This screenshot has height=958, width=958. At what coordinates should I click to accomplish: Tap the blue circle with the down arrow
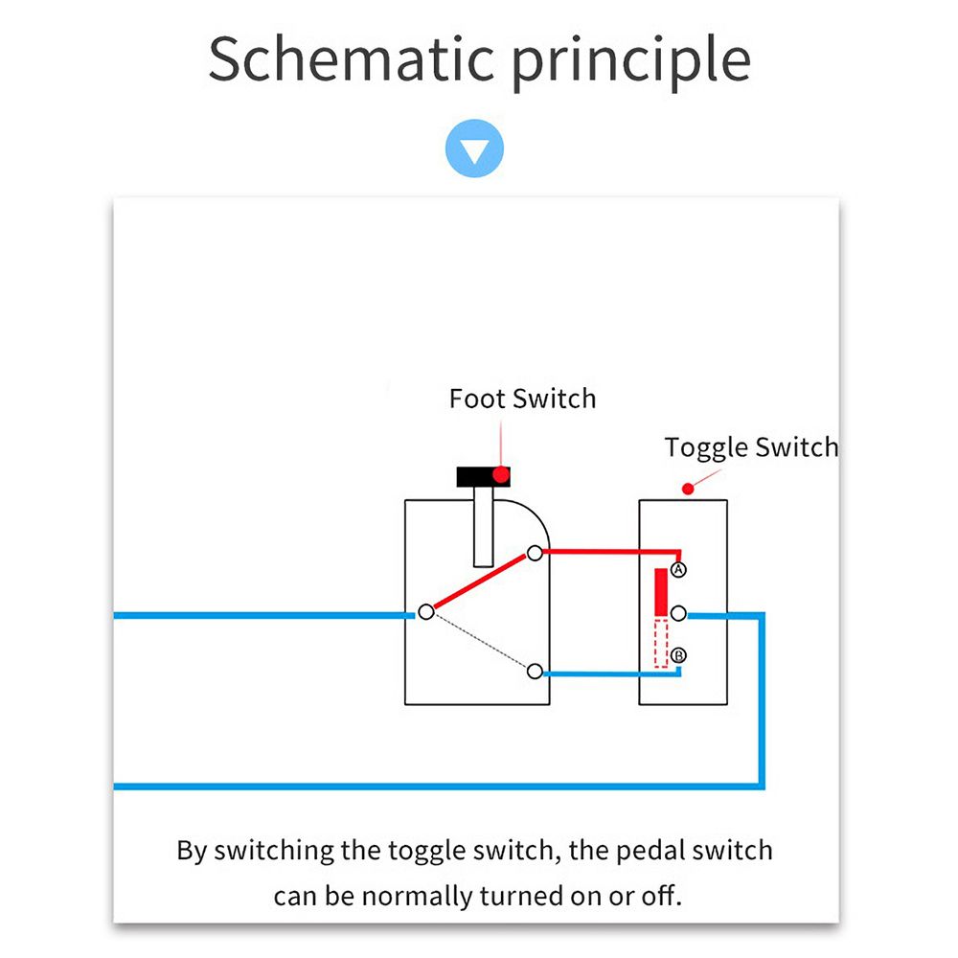tap(474, 150)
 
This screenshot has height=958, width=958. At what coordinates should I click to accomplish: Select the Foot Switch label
tap(522, 399)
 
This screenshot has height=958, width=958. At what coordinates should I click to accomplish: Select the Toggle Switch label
tap(751, 447)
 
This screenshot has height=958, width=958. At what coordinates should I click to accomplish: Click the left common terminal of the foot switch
tap(425, 611)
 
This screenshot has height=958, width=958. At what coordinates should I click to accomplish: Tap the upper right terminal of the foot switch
tap(535, 553)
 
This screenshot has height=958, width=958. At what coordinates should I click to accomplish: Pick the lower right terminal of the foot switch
tap(535, 672)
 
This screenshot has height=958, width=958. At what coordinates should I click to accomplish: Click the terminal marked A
tap(678, 570)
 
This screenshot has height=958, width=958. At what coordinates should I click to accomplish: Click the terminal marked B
tap(678, 655)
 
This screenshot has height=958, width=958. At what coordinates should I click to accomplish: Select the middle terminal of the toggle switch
tap(678, 612)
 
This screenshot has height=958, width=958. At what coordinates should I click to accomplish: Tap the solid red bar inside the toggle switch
tap(661, 592)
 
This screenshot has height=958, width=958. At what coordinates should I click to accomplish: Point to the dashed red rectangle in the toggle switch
tap(661, 643)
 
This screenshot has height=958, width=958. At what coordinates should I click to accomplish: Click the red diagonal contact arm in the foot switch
tap(479, 582)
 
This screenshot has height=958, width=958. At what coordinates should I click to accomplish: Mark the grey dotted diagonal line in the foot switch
tap(479, 642)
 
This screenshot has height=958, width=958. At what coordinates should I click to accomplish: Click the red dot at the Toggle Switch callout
tap(687, 489)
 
